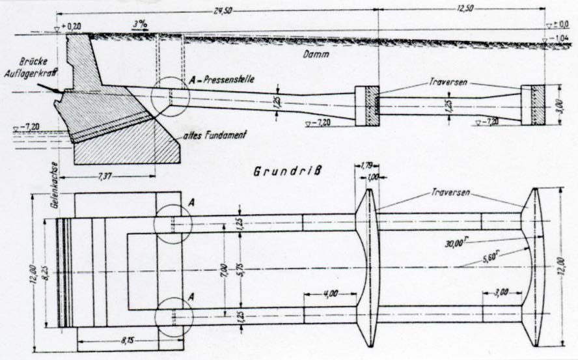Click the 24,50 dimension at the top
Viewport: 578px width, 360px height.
point(222,10)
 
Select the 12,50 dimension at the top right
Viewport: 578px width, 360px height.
point(465,9)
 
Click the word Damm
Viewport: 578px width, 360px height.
point(316,54)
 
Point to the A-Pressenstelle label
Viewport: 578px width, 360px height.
point(221,79)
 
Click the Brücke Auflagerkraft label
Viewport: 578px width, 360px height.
point(31,68)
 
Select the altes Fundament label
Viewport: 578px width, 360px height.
point(215,135)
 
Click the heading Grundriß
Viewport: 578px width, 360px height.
point(287,171)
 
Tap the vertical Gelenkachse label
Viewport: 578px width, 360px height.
point(55,186)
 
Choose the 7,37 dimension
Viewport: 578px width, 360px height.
point(106,177)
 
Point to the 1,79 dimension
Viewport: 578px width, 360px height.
point(366,165)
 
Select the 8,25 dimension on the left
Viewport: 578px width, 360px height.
point(46,273)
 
